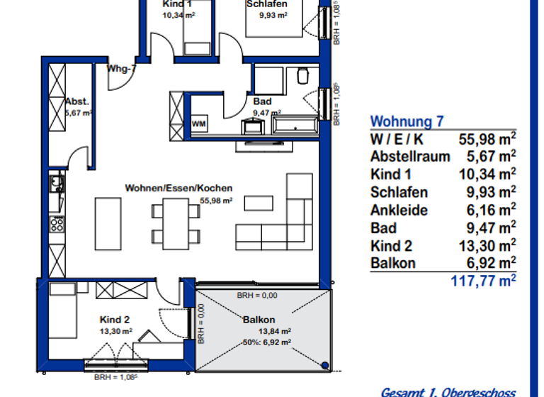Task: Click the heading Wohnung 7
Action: (407, 121)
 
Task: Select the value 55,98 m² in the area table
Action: (488, 138)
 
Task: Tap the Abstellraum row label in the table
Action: (409, 156)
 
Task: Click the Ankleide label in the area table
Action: (399, 210)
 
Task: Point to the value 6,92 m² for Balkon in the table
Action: (490, 262)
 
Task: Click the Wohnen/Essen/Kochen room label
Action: (178, 189)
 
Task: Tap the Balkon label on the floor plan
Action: (259, 320)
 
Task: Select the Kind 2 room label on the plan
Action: (115, 320)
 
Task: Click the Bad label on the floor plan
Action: (262, 101)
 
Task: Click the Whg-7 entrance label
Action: (121, 69)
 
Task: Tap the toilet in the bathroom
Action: (302, 75)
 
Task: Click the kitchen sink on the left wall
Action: (55, 186)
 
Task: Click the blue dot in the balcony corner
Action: (324, 365)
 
